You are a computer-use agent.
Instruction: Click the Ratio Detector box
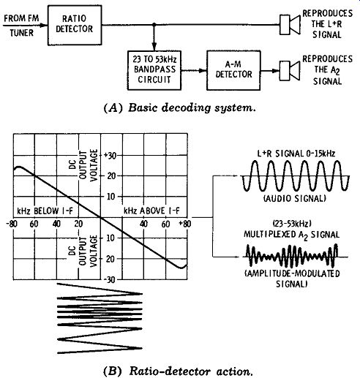click(75, 25)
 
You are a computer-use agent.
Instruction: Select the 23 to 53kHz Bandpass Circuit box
click(154, 70)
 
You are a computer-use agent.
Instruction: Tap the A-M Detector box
click(233, 70)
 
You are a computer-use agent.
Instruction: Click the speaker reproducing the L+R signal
click(290, 25)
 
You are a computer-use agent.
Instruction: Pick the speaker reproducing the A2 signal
click(290, 71)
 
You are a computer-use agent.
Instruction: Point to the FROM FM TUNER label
click(21, 26)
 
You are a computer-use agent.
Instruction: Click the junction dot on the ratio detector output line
click(154, 25)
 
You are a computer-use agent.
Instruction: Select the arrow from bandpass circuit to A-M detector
click(194, 71)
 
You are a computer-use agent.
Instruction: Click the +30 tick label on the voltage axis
click(110, 155)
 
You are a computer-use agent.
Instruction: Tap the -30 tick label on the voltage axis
click(110, 280)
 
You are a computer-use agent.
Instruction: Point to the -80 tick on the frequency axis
click(12, 224)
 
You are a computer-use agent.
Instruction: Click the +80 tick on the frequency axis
click(185, 224)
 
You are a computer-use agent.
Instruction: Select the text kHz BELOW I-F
click(45, 211)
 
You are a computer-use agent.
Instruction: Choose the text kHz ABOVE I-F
click(151, 211)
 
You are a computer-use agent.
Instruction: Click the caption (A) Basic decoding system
click(180, 107)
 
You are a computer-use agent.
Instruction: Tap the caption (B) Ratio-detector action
click(178, 371)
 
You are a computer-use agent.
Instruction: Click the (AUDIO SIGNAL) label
click(295, 199)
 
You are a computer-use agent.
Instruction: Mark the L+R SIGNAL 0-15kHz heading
click(296, 154)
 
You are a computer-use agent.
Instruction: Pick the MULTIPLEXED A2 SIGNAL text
click(291, 235)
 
